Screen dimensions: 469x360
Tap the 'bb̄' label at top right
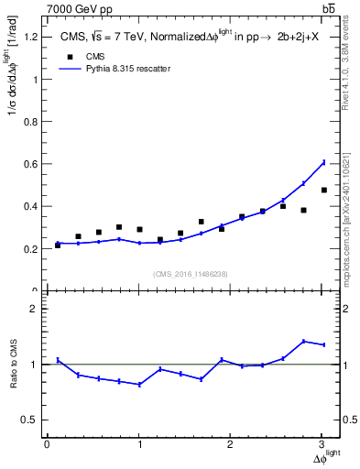pos(328,8)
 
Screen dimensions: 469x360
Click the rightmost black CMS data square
pos(323,190)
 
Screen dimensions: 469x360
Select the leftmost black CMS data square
pos(58,245)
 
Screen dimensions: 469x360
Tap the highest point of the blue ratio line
pos(303,341)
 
